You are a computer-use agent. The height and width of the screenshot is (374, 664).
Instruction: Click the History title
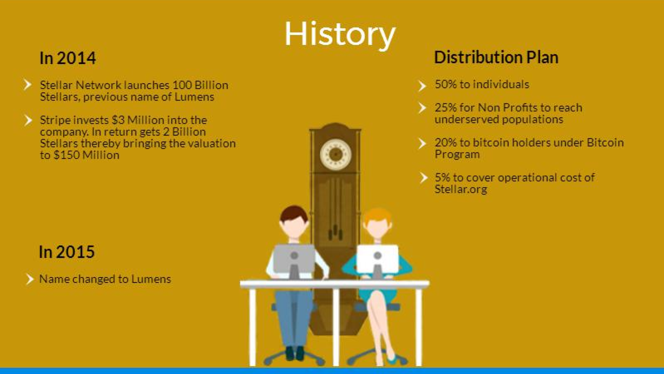tap(340, 34)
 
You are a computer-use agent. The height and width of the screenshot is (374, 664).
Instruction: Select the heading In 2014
tap(68, 58)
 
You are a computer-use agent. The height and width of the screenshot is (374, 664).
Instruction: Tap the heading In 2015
tap(67, 252)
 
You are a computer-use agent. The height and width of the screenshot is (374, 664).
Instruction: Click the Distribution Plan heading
tap(496, 57)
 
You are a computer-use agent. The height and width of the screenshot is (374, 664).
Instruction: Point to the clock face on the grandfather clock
tap(336, 154)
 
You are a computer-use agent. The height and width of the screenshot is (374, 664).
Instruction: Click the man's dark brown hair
tap(294, 214)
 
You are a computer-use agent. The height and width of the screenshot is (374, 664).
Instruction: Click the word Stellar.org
tap(461, 189)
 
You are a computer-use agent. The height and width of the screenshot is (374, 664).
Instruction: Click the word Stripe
tap(55, 120)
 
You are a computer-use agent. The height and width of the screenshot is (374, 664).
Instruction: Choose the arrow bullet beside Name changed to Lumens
tap(29, 279)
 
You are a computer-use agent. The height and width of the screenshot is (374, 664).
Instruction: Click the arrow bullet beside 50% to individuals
tap(422, 86)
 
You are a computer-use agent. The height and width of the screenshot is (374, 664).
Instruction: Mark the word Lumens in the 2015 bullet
tap(151, 279)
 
